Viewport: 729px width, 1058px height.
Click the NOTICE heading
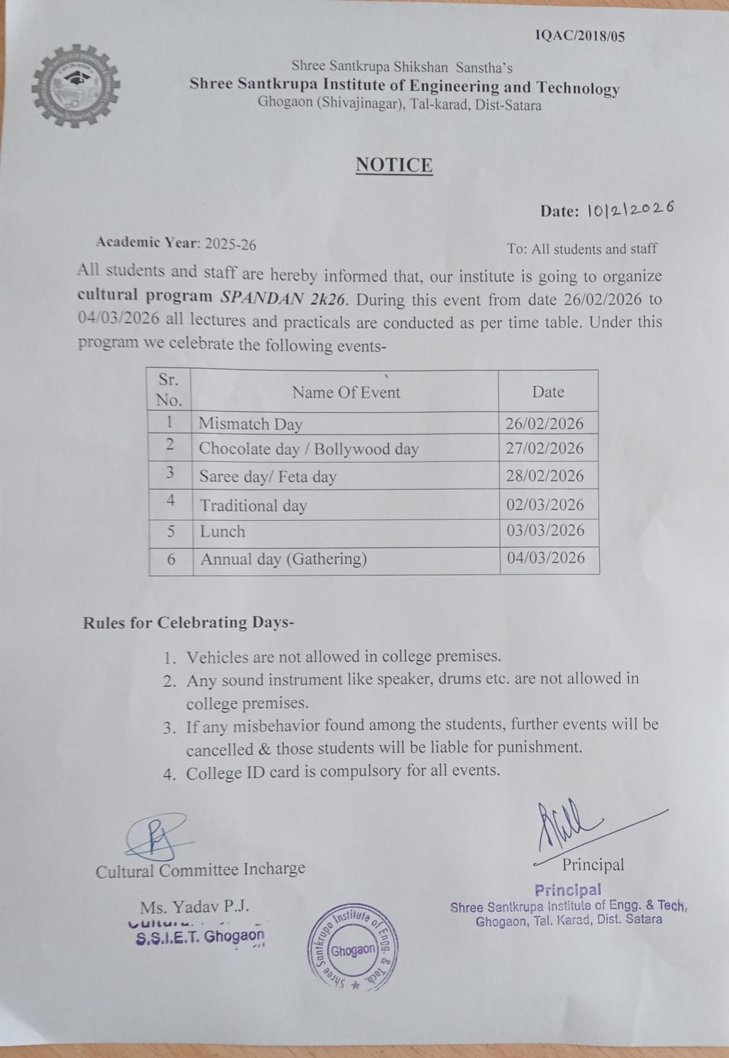tap(394, 165)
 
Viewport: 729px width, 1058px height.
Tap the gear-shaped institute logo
tap(75, 87)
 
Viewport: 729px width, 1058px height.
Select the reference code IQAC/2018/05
tap(579, 36)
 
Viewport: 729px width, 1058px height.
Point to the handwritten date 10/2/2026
tap(630, 209)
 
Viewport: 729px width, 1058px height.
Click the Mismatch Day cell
tap(251, 424)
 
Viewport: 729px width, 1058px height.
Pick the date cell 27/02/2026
tap(544, 448)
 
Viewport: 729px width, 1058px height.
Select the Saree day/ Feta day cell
tap(268, 476)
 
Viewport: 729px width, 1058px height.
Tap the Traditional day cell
tap(253, 506)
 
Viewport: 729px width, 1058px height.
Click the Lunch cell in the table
tap(222, 531)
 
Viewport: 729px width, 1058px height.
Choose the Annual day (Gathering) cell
tap(283, 559)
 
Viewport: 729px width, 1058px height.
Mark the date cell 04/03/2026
tap(546, 558)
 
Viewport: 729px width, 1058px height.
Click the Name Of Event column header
tap(346, 392)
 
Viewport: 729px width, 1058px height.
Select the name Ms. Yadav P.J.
tap(194, 907)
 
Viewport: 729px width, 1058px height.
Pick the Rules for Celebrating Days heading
tap(188, 623)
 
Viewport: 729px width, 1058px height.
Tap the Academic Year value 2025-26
tap(230, 245)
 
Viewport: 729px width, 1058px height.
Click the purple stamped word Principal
tap(568, 890)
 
